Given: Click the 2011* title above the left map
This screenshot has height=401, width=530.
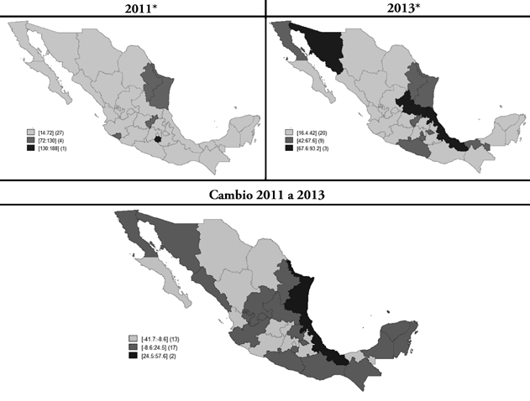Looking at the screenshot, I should pyautogui.click(x=132, y=8).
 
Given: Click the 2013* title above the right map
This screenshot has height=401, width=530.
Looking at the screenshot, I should pyautogui.click(x=397, y=8).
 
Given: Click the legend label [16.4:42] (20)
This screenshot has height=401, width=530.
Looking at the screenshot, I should pyautogui.click(x=311, y=132).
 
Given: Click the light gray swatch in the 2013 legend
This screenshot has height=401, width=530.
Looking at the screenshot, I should pyautogui.click(x=288, y=132).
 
